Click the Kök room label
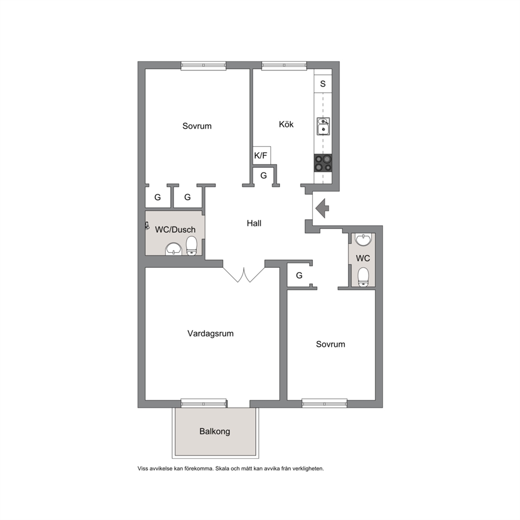pyautogui.click(x=286, y=124)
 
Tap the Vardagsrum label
pyautogui.click(x=210, y=333)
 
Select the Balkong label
pyautogui.click(x=214, y=431)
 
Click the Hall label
pyautogui.click(x=254, y=223)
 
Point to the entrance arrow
pyautogui.click(x=322, y=208)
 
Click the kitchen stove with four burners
pyautogui.click(x=323, y=163)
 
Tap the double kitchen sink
pyautogui.click(x=323, y=126)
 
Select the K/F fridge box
pyautogui.click(x=262, y=155)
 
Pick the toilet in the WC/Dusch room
pyautogui.click(x=191, y=246)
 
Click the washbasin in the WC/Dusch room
pyautogui.click(x=174, y=249)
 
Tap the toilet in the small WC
pyautogui.click(x=363, y=277)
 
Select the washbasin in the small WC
pyautogui.click(x=363, y=240)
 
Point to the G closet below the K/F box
pyautogui.click(x=264, y=176)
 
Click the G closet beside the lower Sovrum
pyautogui.click(x=299, y=275)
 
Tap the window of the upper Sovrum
pyautogui.click(x=203, y=66)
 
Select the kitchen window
pyautogui.click(x=284, y=66)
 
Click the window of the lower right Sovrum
pyautogui.click(x=324, y=403)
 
